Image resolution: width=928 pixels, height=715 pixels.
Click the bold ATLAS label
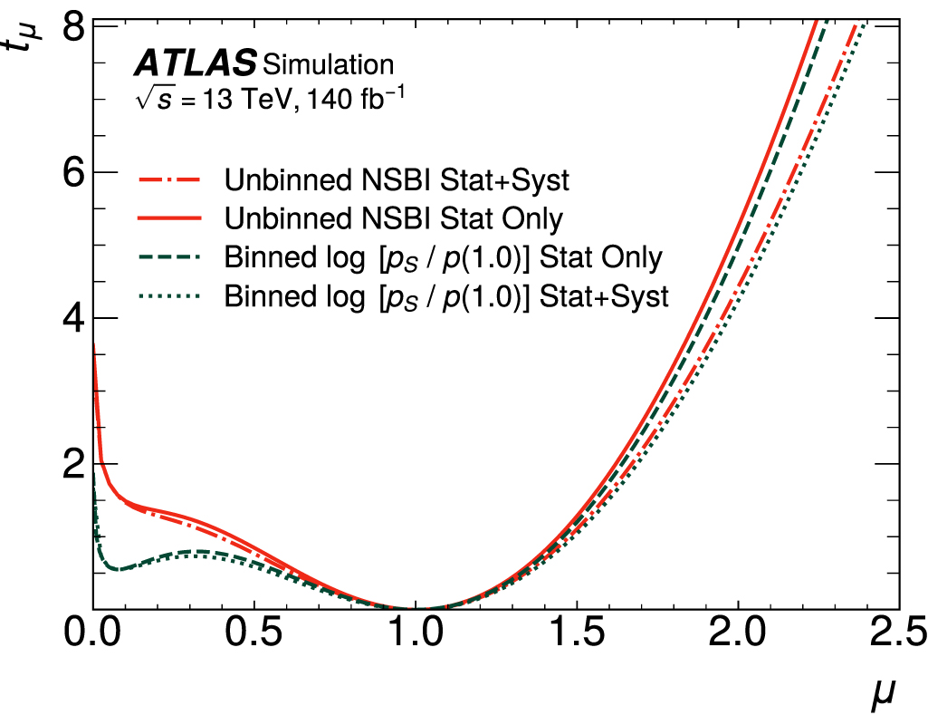coord(195,64)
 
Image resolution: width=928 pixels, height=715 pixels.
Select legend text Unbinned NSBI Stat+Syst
coord(397,179)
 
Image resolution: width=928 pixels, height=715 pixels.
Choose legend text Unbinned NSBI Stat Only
coord(394,218)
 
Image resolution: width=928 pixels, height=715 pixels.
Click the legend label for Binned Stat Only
coord(444,257)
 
